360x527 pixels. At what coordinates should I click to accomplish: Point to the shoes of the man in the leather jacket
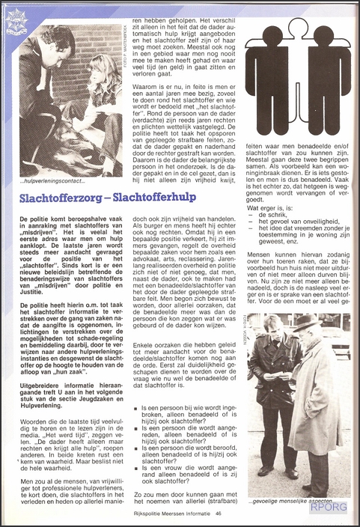coord(281,472)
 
